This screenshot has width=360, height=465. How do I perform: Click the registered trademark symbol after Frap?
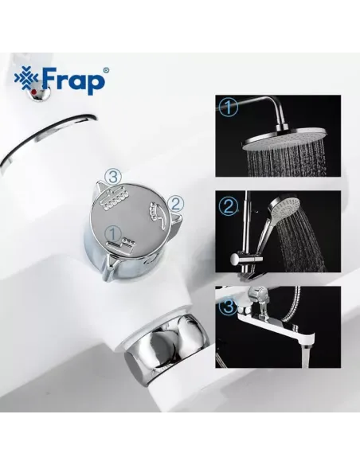106,71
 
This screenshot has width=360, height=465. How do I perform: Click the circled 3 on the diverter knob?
115,175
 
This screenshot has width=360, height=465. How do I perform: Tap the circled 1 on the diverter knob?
113,231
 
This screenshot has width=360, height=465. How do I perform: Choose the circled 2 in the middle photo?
229,208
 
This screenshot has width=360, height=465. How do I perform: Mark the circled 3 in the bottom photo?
229,306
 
